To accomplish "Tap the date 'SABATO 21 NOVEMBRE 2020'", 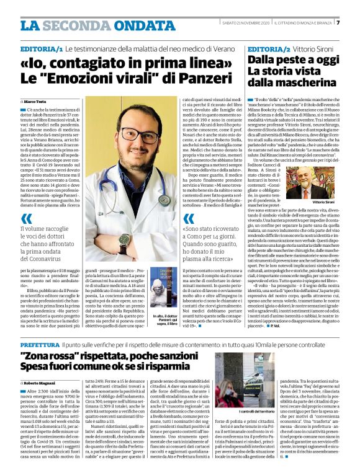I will (238, 23).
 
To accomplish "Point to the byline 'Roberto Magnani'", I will (41, 384).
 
